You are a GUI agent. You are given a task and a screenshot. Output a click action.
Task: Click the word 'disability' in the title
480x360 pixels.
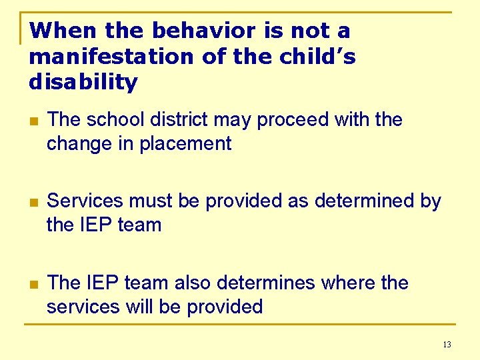(x=83, y=83)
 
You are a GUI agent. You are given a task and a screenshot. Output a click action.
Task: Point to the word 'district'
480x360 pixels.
(x=177, y=120)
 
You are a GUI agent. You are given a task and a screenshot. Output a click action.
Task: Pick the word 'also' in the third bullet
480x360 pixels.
(x=194, y=283)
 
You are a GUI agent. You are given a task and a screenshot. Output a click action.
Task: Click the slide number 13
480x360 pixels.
(x=446, y=345)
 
